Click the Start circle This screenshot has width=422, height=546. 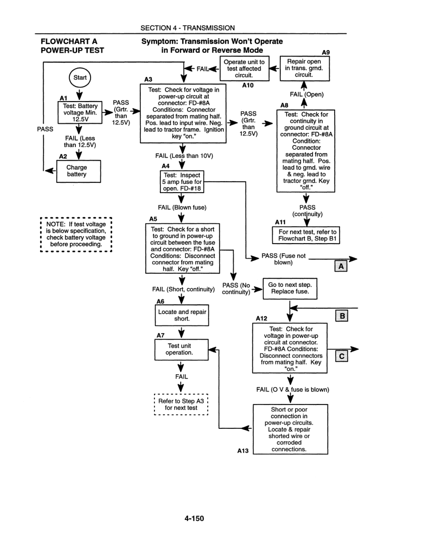tap(80, 78)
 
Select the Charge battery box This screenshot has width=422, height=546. tap(76, 171)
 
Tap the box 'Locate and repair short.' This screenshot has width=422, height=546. tap(182, 315)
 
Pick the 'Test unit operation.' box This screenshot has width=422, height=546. tap(179, 349)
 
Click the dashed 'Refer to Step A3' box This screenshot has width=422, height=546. tap(181, 404)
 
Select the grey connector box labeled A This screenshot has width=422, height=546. tap(341, 267)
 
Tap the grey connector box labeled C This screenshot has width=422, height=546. tap(342, 357)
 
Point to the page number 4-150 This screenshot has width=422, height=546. tap(194, 518)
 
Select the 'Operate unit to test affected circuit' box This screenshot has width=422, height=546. tap(244, 68)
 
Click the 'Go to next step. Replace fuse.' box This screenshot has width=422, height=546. tap(290, 288)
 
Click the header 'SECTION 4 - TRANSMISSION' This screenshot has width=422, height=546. tap(188, 28)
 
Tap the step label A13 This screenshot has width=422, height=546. tap(243, 451)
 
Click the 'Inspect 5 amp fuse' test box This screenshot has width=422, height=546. tap(180, 182)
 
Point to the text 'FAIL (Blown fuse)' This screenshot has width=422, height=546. tap(182, 207)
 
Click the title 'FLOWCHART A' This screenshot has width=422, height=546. tap(67, 41)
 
